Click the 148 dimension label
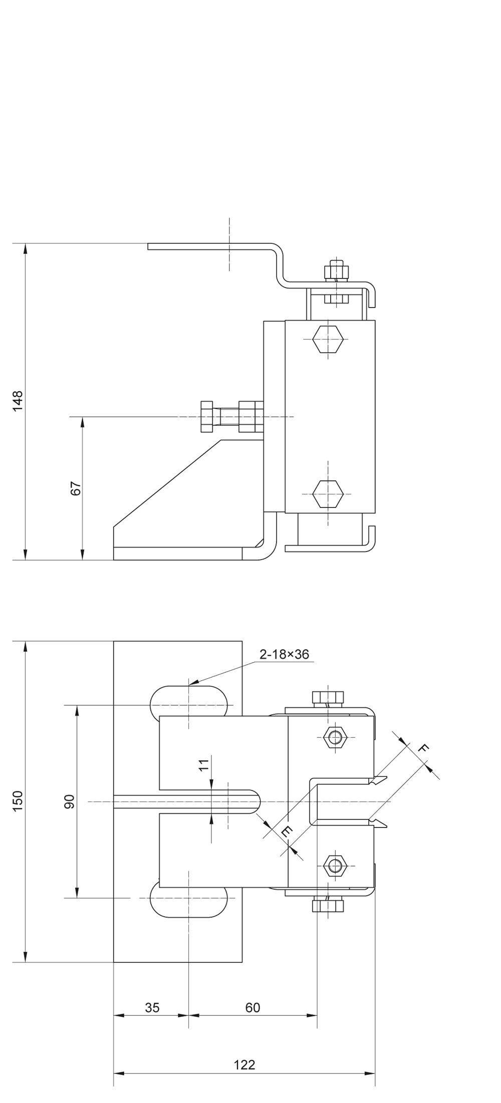[x=18, y=401]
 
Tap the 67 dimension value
[x=76, y=488]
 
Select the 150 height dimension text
[x=18, y=801]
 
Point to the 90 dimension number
[x=70, y=801]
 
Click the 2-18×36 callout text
[x=284, y=654]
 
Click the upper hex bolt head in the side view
[x=328, y=339]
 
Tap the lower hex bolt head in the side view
[x=328, y=493]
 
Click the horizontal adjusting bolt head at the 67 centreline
[x=207, y=416]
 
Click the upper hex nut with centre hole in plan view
[x=335, y=737]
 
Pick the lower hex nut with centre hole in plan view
[x=335, y=866]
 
